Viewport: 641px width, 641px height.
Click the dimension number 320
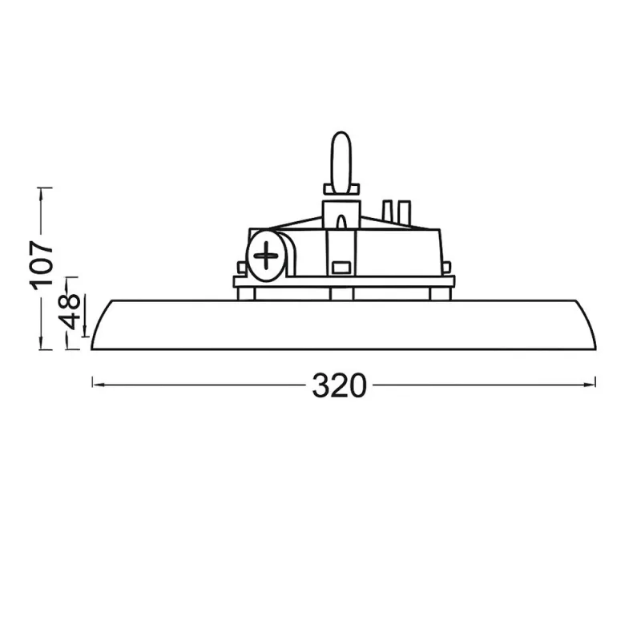340,385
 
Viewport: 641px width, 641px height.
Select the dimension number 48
71,311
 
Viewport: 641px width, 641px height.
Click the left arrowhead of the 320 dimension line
96,385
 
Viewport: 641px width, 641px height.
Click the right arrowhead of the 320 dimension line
592,385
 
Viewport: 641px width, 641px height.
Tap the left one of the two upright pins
389,212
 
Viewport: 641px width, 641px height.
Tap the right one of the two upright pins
405,212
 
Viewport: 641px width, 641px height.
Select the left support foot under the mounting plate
247,293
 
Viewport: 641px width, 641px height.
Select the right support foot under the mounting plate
439,293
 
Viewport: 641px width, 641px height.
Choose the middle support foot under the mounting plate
341,293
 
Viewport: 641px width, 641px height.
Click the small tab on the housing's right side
446,268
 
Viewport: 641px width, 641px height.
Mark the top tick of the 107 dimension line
45,188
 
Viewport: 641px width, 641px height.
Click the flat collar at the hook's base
341,190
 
